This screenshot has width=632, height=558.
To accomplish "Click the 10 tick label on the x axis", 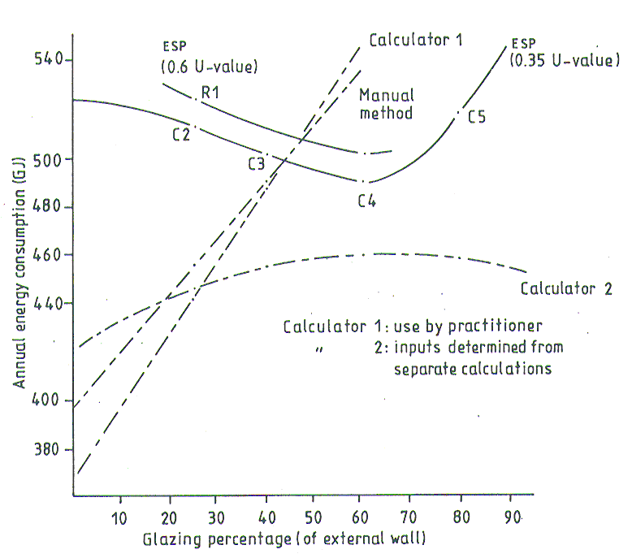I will coord(119,518).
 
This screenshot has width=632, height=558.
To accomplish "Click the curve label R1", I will coord(212,93).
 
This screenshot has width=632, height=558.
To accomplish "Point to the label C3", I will coord(258,163).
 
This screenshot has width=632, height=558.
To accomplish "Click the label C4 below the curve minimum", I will coord(367,201).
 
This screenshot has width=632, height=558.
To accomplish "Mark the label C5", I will coord(476,117).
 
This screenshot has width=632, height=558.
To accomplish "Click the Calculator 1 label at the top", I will coord(415,40).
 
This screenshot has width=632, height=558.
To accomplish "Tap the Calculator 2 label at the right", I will coord(565,288).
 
